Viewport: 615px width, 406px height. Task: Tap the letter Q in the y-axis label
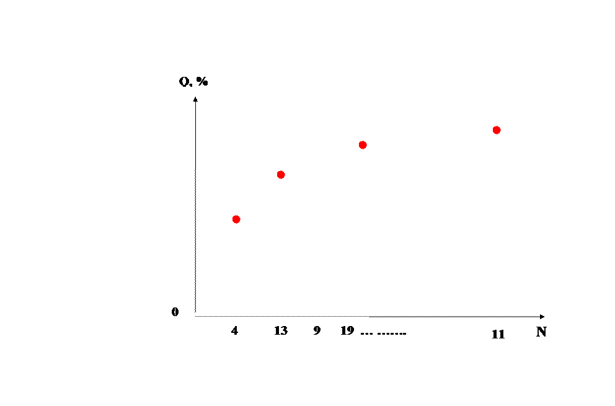pyautogui.click(x=184, y=81)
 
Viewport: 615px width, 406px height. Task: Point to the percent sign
pyautogui.click(x=202, y=81)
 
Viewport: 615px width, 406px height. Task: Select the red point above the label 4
pyautogui.click(x=236, y=219)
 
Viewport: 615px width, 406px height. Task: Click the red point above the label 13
pyautogui.click(x=281, y=175)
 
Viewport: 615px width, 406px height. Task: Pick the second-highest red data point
pyautogui.click(x=363, y=145)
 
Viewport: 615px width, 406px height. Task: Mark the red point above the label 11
pyautogui.click(x=497, y=130)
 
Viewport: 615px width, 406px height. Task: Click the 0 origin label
pyautogui.click(x=175, y=312)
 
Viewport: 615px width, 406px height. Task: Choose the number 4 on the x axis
pyautogui.click(x=234, y=331)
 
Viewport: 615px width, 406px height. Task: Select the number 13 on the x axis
pyautogui.click(x=281, y=331)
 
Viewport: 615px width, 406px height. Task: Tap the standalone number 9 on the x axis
pyautogui.click(x=317, y=331)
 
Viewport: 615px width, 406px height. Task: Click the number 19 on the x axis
pyautogui.click(x=347, y=331)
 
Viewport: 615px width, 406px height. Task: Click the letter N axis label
pyautogui.click(x=541, y=332)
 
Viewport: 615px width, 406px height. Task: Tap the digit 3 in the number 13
pyautogui.click(x=284, y=331)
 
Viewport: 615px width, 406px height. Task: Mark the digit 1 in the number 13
pyautogui.click(x=277, y=331)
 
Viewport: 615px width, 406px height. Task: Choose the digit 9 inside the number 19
pyautogui.click(x=350, y=331)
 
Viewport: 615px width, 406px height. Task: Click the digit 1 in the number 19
pyautogui.click(x=343, y=331)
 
